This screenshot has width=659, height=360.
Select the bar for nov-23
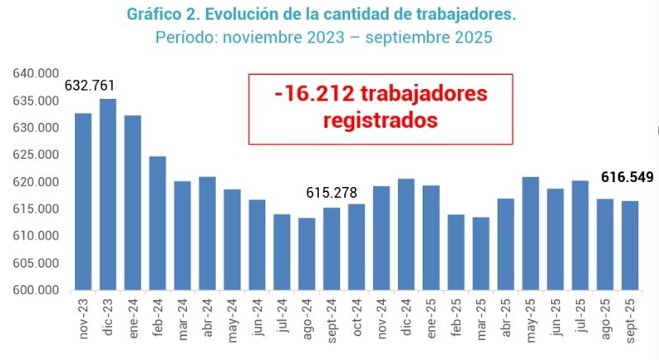pyautogui.click(x=83, y=201)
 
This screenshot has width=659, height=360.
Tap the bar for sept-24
pyautogui.click(x=331, y=248)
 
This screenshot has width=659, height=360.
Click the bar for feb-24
pyautogui.click(x=157, y=222)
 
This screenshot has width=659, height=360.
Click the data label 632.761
pyautogui.click(x=89, y=86)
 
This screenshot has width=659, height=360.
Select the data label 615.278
pyautogui.click(x=331, y=192)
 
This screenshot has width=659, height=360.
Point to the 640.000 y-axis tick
pyautogui.click(x=35, y=74)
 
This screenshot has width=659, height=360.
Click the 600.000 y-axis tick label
pyautogui.click(x=35, y=290)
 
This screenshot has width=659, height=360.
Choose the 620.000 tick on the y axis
pyautogui.click(x=35, y=182)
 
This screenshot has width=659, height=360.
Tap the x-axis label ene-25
pyautogui.click(x=432, y=314)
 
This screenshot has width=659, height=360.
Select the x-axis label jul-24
pyautogui.click(x=283, y=313)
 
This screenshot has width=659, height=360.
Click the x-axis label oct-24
pyautogui.click(x=357, y=314)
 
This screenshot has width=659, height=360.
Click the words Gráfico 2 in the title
pyautogui.click(x=158, y=15)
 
